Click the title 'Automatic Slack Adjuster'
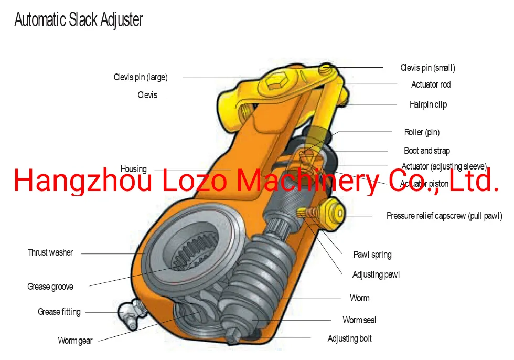coord(78,20)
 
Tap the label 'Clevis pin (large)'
coord(141,78)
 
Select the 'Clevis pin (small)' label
coord(427,68)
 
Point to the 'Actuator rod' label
coord(431,84)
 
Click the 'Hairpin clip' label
coord(428,104)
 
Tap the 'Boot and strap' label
coord(427,151)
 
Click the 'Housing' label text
coord(134,169)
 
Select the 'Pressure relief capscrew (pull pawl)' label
coord(444,216)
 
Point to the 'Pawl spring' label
coord(372,255)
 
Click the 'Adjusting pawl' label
coord(376,274)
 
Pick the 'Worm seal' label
coord(359,320)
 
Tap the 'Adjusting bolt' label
coord(350,338)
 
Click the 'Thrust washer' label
coord(50,252)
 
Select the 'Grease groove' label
coord(50,287)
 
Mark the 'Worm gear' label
coord(75,341)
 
